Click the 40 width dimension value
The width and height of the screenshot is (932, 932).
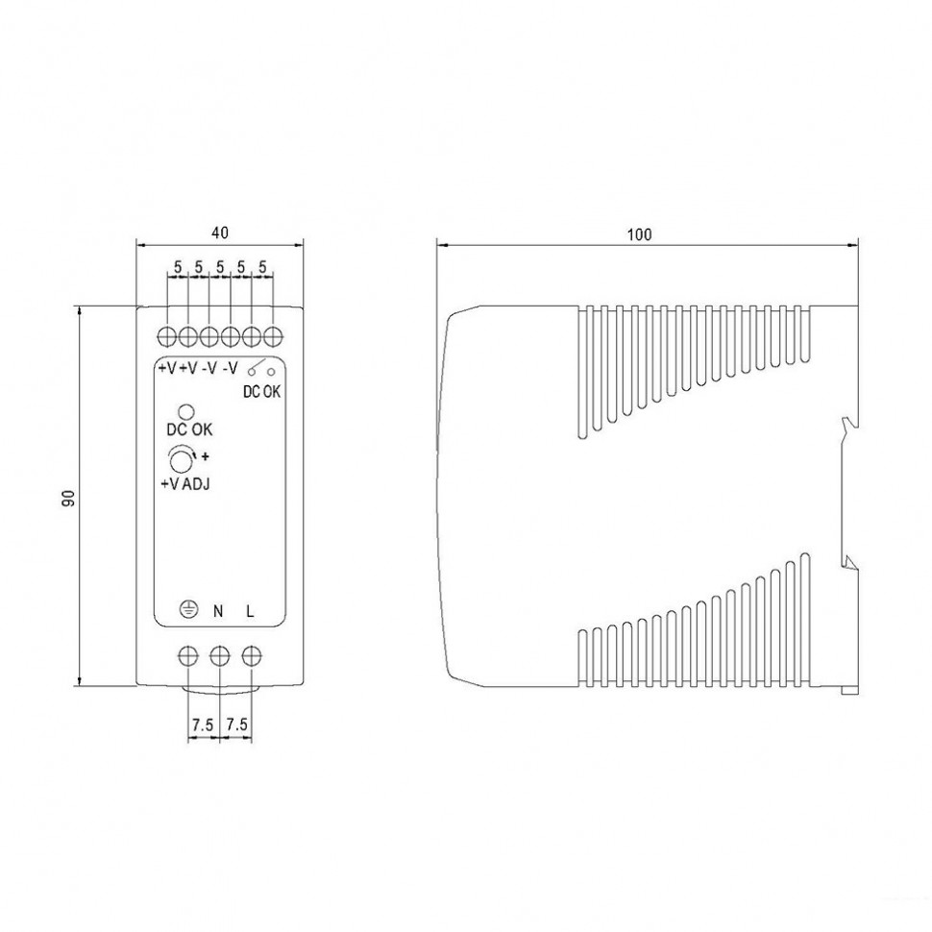point(220,233)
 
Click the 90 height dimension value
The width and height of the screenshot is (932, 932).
point(69,498)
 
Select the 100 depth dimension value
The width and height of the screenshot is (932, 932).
point(640,234)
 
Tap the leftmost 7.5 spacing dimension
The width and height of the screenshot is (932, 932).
point(203,724)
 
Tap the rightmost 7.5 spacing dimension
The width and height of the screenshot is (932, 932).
point(236,724)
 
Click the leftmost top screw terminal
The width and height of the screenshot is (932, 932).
point(167,336)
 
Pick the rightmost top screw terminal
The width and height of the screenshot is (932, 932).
point(273,336)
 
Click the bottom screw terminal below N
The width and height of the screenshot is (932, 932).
point(220,656)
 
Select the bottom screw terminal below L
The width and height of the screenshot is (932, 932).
point(252,656)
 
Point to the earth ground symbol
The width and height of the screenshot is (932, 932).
point(188,610)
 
